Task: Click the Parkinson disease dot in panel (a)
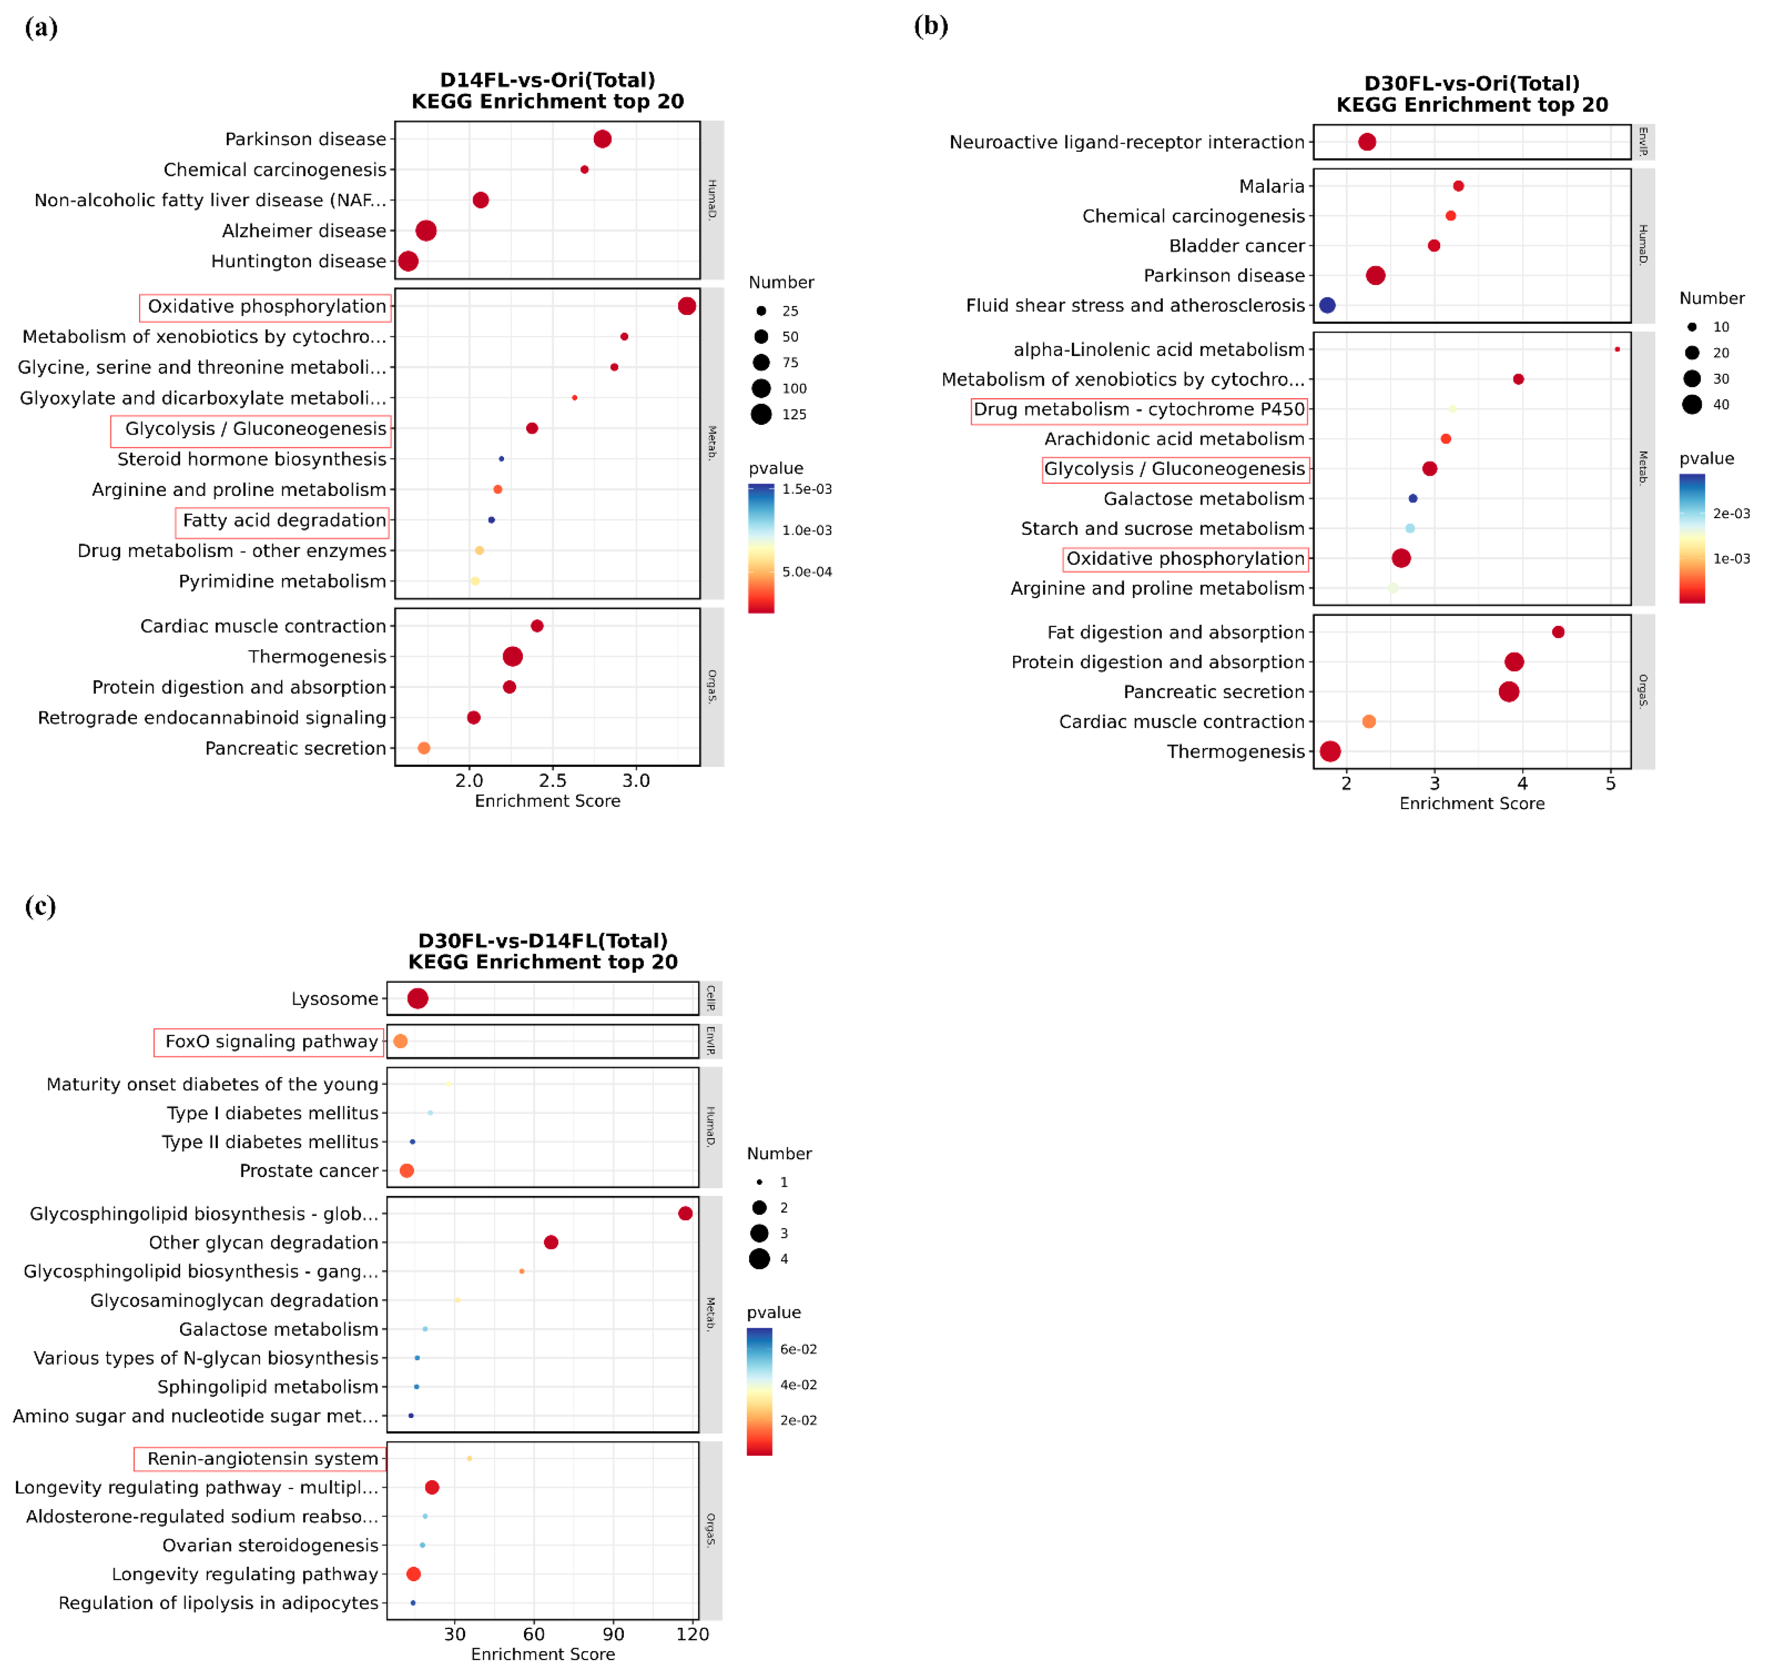[x=602, y=139]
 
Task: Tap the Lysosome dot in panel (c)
[x=417, y=998]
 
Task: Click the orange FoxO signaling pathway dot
[x=400, y=1041]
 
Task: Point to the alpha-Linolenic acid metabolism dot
[x=1617, y=349]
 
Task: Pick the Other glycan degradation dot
[x=551, y=1242]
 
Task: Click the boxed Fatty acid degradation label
[x=284, y=520]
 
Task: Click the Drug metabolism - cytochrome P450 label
[x=1139, y=409]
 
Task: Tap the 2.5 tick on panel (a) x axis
[x=553, y=780]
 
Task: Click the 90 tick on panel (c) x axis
[x=613, y=1634]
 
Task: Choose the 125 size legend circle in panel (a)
[x=761, y=414]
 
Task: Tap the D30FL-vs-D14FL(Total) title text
[x=542, y=941]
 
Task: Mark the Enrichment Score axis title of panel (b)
[x=1471, y=803]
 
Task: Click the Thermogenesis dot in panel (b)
[x=1330, y=751]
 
